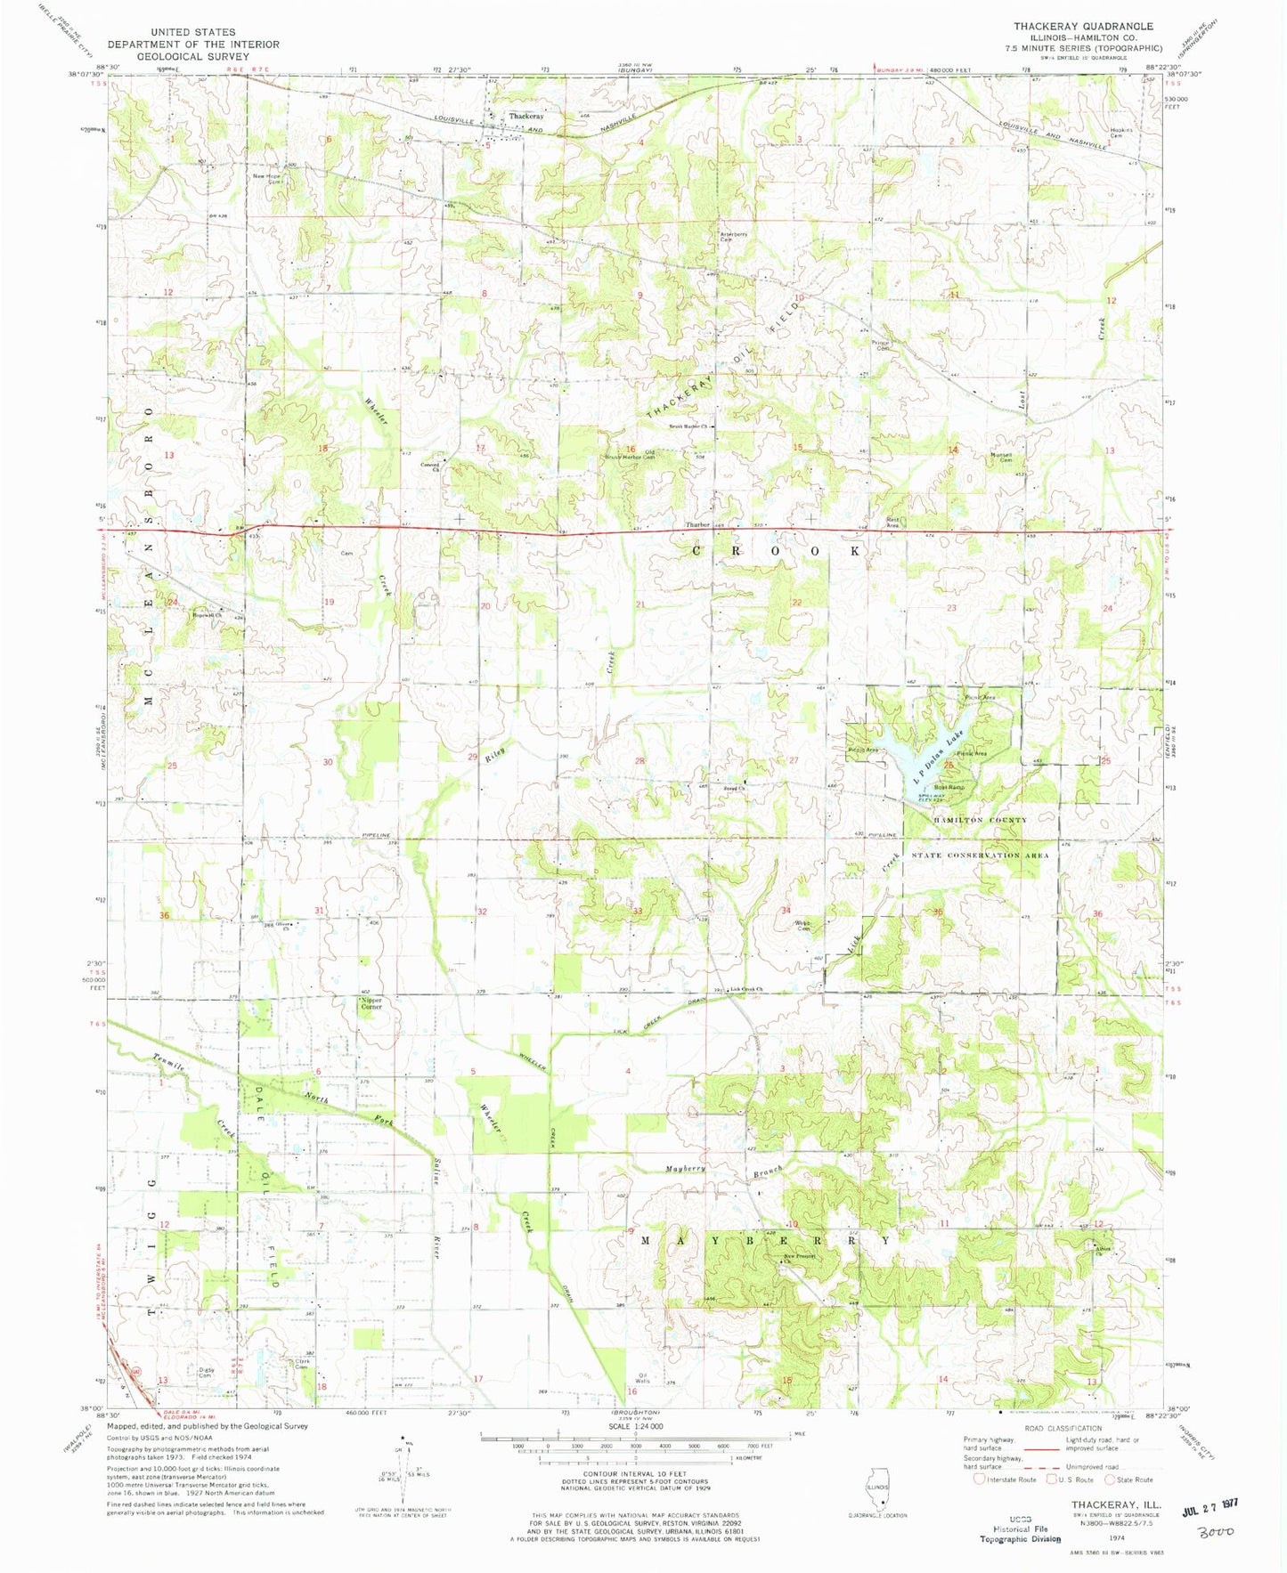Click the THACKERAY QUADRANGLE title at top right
1083,27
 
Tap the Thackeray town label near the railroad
525,117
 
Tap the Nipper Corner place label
371,1003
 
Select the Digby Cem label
206,1373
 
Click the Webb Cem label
803,926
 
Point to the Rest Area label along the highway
893,523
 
